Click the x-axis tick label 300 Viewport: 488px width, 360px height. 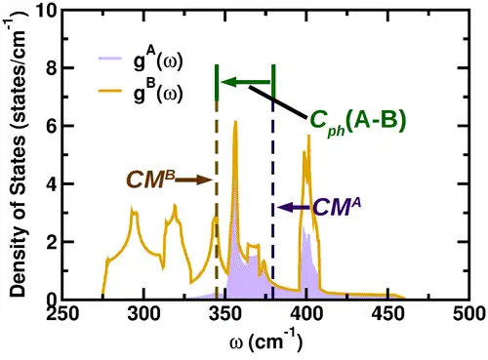pyautogui.click(x=144, y=315)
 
